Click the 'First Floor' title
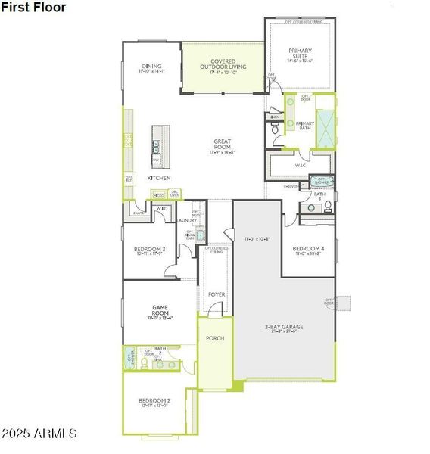pos(33,8)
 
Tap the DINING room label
pos(151,66)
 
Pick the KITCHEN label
pos(159,178)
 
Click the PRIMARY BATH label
pos(305,126)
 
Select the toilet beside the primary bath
pos(275,130)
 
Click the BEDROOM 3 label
pos(150,249)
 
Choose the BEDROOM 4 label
pos(309,249)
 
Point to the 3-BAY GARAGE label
pos(284,327)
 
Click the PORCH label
pos(216,338)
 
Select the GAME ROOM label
pos(159,313)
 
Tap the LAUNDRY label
pos(188,220)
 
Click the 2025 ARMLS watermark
pos(39,434)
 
